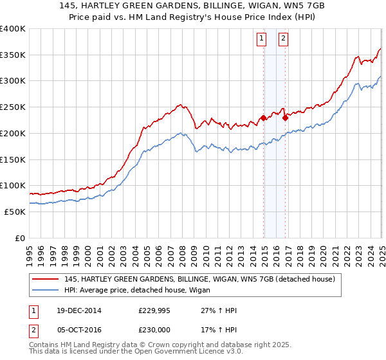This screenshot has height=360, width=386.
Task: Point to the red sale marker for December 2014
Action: click(x=264, y=118)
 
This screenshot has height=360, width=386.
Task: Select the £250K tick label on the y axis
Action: click(x=13, y=107)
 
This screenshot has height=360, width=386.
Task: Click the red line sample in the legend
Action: click(x=46, y=280)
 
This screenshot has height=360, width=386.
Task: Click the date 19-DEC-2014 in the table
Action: click(x=76, y=310)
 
